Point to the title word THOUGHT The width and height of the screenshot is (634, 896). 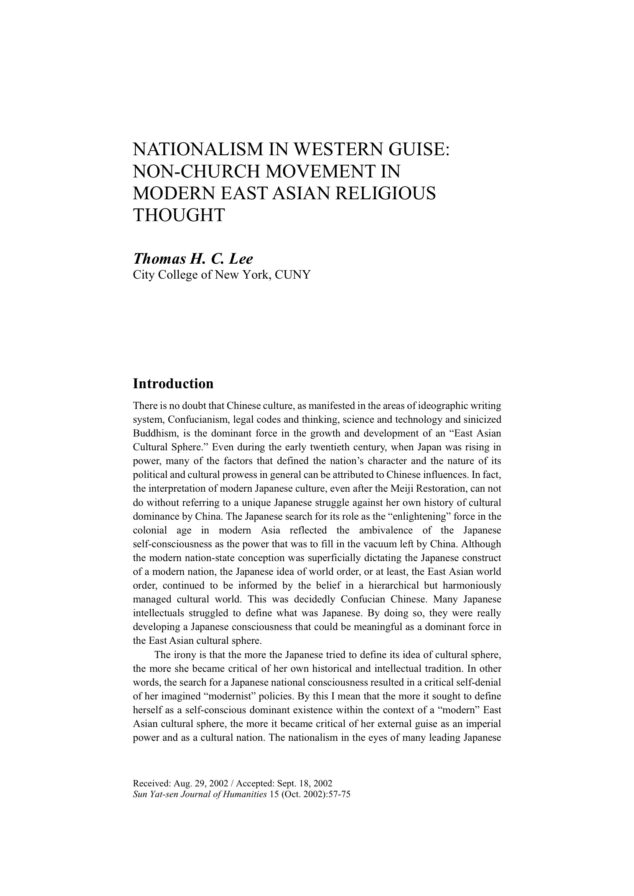pos(179,215)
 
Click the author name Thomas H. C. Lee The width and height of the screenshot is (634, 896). pos(193,259)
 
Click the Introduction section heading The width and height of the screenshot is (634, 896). pos(173,384)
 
